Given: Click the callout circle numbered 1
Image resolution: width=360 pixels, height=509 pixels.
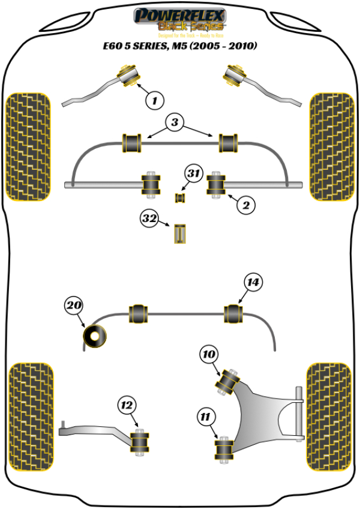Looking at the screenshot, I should pos(155,100).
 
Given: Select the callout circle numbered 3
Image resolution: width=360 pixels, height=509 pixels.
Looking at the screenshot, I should pos(174,124).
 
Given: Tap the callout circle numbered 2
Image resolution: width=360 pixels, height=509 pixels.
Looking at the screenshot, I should pos(245,205).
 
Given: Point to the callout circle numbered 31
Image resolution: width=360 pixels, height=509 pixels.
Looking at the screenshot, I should pos(193,174).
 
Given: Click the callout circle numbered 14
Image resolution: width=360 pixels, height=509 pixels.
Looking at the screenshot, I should pos(254,282).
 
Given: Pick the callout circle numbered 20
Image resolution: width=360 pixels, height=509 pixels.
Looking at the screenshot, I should pos(73,306).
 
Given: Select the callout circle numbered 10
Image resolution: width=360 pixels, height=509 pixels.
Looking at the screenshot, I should pos(209,355).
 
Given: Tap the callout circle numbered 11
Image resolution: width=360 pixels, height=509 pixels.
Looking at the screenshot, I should pos(206,415).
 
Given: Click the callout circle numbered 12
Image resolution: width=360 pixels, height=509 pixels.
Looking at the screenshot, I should pos(127,406).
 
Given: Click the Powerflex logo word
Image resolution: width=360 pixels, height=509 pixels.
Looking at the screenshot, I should pos(180,14).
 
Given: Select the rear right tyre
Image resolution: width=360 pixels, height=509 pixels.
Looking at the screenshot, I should pos(330,417).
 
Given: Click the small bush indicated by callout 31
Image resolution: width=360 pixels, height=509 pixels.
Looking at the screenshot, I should pos(180,197).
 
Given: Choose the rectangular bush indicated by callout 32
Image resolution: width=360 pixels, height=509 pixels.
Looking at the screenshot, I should pos(180,233).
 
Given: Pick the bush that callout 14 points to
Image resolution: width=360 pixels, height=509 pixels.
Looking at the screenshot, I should pos(235,312).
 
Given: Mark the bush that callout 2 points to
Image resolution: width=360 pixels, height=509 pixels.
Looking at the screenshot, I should pos(216,184).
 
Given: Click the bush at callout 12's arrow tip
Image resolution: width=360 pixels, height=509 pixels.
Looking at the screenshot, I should pos(140,443).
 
